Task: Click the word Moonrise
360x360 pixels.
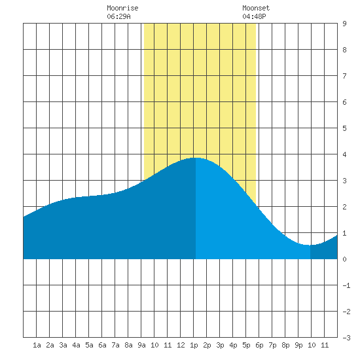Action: (122, 8)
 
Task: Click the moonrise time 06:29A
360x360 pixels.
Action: (118, 16)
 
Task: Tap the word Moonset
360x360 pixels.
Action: (256, 8)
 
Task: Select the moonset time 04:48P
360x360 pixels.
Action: (254, 16)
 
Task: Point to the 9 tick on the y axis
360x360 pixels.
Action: (344, 24)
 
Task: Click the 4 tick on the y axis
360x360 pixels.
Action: (344, 154)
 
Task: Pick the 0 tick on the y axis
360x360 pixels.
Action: (344, 259)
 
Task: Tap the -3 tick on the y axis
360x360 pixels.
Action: (346, 338)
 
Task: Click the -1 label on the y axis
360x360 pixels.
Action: (346, 285)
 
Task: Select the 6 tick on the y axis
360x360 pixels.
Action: (344, 102)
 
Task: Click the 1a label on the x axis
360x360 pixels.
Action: (37, 345)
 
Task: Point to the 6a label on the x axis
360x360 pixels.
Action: (102, 345)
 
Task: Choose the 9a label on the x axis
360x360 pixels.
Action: (141, 345)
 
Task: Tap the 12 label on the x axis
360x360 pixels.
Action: (181, 345)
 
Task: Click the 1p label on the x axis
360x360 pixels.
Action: (194, 345)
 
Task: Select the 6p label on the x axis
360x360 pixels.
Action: (259, 345)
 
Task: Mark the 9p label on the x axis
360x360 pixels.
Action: (298, 345)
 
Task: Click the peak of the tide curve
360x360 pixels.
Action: (196, 158)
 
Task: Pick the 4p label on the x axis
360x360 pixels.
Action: (233, 345)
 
